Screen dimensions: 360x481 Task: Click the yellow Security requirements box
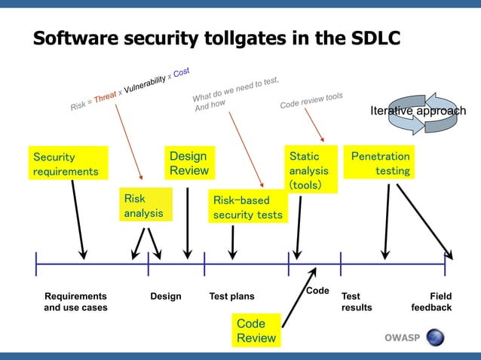coord(66,164)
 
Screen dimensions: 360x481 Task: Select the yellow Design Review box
coord(188,163)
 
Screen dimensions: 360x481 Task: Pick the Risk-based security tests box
coord(248,208)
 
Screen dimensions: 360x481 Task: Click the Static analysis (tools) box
coord(309,169)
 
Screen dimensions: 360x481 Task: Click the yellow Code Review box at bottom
coord(256,331)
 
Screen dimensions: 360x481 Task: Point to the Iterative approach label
coord(418,111)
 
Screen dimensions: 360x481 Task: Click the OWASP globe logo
coord(435,337)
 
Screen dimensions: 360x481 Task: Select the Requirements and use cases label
coord(75,302)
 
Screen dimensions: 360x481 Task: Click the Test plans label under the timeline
coord(231,297)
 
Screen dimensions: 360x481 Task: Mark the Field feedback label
coord(432,302)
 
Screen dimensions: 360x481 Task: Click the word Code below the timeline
coord(317,291)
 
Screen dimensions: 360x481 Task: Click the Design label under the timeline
coord(166,297)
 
